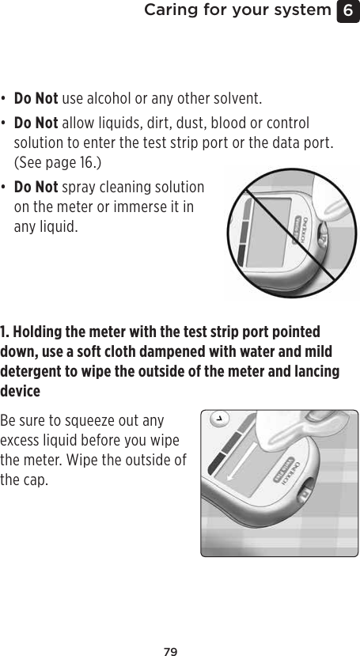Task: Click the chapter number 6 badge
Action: pyautogui.click(x=349, y=11)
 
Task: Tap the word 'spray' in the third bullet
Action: pyautogui.click(x=78, y=188)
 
